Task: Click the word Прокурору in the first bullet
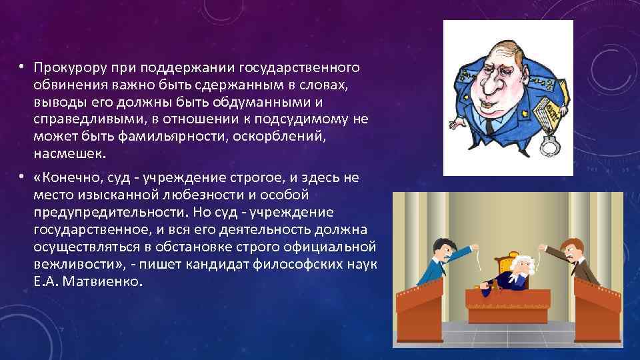tap(65, 67)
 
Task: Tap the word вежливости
tap(67, 265)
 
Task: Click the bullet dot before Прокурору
tap(22, 67)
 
